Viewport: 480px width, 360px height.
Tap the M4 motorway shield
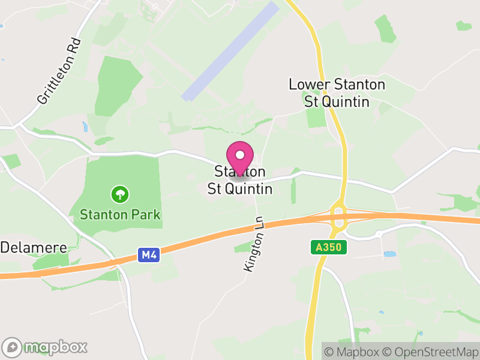pyautogui.click(x=149, y=256)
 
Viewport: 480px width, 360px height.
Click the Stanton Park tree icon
pyautogui.click(x=120, y=194)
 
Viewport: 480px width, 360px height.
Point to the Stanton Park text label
pyautogui.click(x=120, y=214)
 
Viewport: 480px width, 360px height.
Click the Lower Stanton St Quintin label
pyautogui.click(x=337, y=92)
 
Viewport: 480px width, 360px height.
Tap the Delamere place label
pyautogui.click(x=33, y=247)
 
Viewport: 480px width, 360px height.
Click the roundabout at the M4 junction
pyautogui.click(x=339, y=218)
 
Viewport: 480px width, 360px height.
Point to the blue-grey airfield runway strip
pyautogui.click(x=230, y=51)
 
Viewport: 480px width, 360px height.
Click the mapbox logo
pyautogui.click(x=45, y=346)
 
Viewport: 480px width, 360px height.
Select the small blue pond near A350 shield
pyautogui.click(x=389, y=254)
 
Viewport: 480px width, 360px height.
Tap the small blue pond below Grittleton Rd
pyautogui.click(x=85, y=126)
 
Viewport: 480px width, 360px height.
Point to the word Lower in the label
pyautogui.click(x=309, y=85)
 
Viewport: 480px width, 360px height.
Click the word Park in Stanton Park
pyautogui.click(x=147, y=214)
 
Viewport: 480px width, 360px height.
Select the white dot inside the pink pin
pyautogui.click(x=240, y=154)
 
